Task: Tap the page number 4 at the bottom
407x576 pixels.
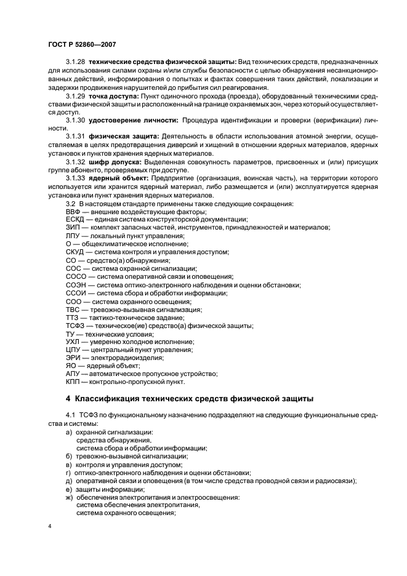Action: [50, 527]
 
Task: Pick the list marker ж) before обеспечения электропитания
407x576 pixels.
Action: [68, 497]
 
